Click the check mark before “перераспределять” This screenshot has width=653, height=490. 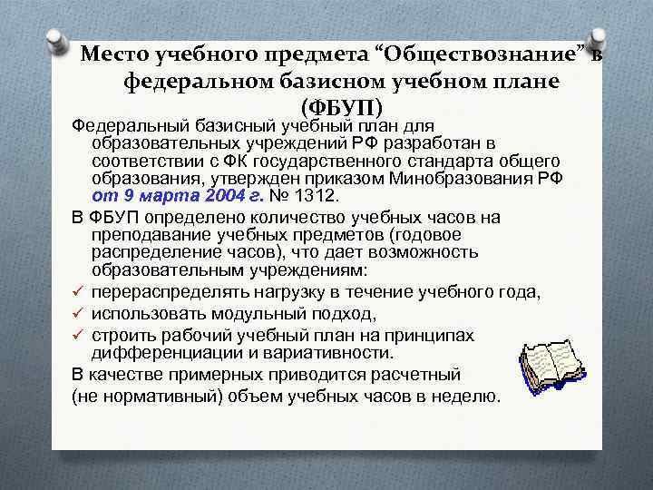[x=80, y=291]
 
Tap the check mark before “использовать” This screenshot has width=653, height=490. [x=80, y=313]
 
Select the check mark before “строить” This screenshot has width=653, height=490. [x=80, y=335]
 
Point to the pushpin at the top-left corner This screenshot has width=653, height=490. [x=59, y=39]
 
